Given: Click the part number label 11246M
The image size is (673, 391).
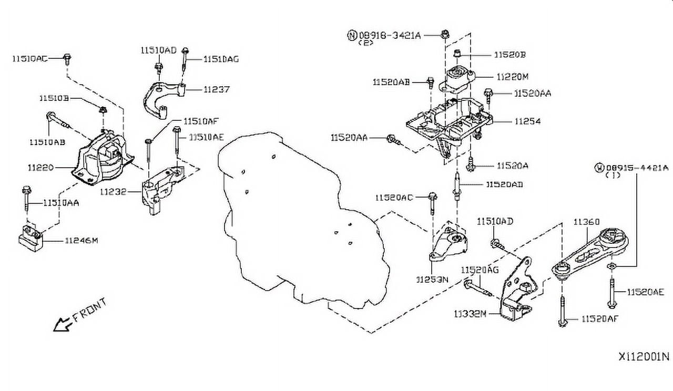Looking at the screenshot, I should pos(81,241).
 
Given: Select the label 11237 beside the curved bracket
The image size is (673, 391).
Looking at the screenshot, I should pos(217,90).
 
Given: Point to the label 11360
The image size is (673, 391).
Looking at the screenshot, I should pos(586,222).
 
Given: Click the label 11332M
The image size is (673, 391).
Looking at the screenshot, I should pos(470,314).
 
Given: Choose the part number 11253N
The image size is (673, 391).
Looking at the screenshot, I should pos(432,280).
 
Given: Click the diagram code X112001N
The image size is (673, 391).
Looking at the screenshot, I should pos(644,356).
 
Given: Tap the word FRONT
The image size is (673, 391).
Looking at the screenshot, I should pos(90,310).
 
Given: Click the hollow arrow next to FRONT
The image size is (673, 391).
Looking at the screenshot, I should pos(62,324).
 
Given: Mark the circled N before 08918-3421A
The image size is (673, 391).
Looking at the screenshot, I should pos(351,35).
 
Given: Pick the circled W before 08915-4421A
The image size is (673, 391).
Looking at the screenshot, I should pos(599,168).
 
